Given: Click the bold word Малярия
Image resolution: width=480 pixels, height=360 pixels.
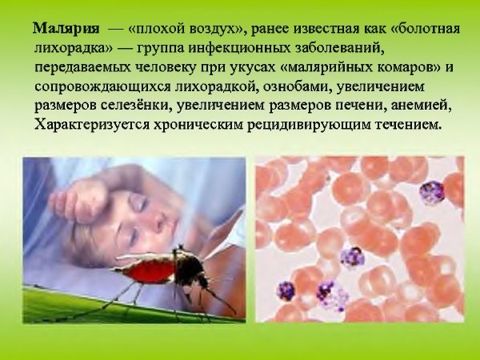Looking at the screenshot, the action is pos(66,29).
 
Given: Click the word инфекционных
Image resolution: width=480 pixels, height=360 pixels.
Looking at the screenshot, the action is pos(238,48).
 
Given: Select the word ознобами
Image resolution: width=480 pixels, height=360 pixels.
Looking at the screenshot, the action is pos(297,87).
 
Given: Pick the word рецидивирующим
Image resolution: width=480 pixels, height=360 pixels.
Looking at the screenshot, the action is pos(309,125).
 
